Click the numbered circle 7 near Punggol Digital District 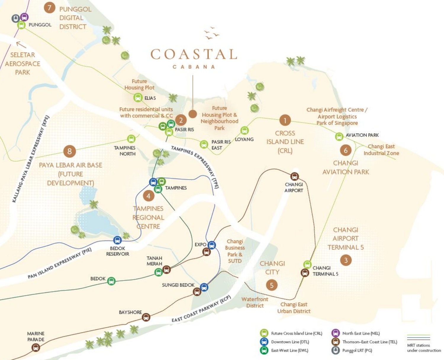tap(49, 7)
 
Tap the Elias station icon tap(138, 97)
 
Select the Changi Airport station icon tap(294, 177)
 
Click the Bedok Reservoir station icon tap(118, 240)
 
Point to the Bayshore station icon tap(146, 317)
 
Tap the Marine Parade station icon tap(36, 347)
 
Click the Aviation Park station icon tap(339, 137)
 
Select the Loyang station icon tap(244, 130)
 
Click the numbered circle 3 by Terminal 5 tap(346, 260)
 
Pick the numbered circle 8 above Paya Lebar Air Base tap(70, 151)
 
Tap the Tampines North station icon tap(131, 139)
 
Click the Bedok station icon tap(111, 281)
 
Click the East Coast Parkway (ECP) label tap(201, 309)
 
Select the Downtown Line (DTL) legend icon tap(264, 342)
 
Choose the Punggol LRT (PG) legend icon tap(335, 350)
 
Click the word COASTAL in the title tap(194, 55)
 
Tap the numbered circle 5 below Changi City tap(272, 285)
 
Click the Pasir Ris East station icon tap(204, 144)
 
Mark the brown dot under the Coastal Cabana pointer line tap(193, 114)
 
